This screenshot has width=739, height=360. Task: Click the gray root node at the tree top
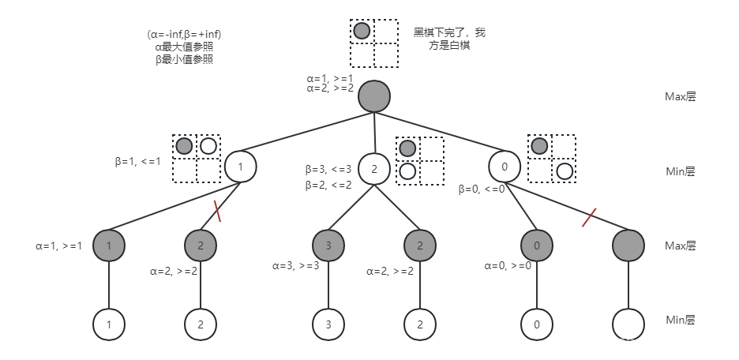click(374, 96)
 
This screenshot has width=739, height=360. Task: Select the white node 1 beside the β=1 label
click(241, 167)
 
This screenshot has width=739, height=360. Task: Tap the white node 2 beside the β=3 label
click(374, 167)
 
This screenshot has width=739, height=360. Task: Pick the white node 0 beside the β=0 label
click(505, 167)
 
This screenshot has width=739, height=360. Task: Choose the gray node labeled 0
click(537, 246)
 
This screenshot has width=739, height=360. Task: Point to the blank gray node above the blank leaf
click(628, 246)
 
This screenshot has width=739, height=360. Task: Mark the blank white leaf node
click(628, 324)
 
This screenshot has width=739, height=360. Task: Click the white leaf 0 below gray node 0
click(537, 324)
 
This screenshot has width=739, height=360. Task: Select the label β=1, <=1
click(138, 162)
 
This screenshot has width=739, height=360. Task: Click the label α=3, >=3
click(295, 266)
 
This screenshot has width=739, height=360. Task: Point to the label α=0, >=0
click(507, 266)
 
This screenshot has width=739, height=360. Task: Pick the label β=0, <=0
click(482, 189)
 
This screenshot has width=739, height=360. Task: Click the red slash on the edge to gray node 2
click(216, 212)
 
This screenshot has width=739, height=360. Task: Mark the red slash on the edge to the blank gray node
click(588, 217)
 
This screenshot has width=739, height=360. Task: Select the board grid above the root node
click(373, 43)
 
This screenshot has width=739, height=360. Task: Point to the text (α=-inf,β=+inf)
click(184, 34)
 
